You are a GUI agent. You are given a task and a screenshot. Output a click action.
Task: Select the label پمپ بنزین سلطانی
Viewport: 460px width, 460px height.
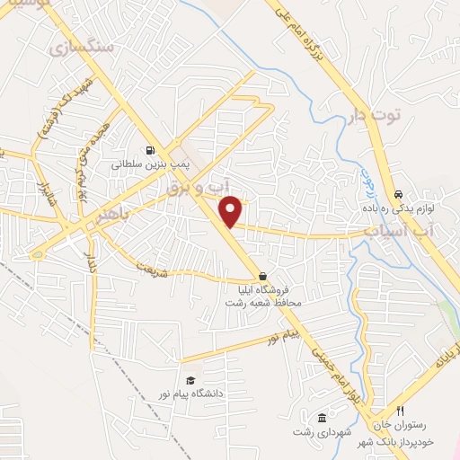tap(148, 165)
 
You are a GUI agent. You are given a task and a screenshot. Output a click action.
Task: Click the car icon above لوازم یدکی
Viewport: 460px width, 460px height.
tap(398, 194)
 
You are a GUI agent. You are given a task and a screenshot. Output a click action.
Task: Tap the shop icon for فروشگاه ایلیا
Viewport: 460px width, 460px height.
tap(262, 276)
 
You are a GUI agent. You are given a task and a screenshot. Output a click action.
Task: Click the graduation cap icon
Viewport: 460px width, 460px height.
tap(190, 380)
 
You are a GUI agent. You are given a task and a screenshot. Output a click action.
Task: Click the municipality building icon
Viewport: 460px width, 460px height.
tap(322, 418)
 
